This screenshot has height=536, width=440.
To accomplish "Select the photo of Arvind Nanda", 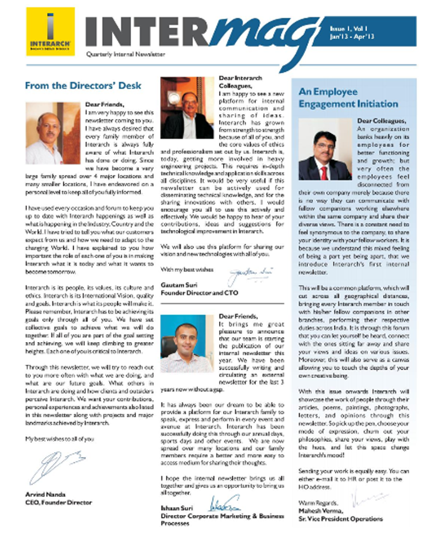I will click(x=53, y=133).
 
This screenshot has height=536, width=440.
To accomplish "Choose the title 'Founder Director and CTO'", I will click(x=199, y=293).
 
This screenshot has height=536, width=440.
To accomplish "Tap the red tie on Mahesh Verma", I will click(x=323, y=171).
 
